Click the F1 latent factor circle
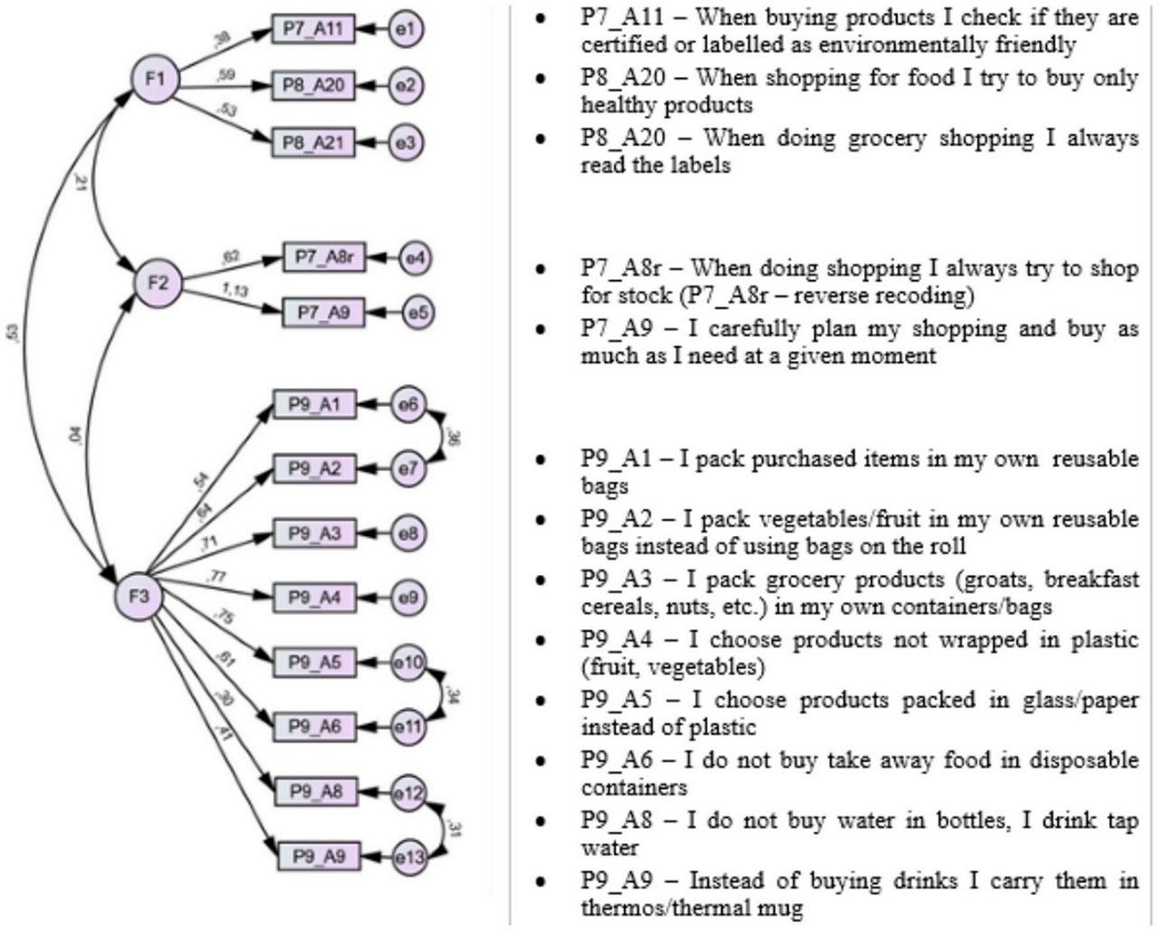tap(155, 79)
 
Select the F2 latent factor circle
tap(158, 284)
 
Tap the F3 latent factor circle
tap(139, 597)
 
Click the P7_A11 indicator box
tap(313, 29)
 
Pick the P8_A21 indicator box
tap(313, 143)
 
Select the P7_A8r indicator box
tap(324, 259)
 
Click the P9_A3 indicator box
tap(315, 533)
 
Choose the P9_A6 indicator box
tap(315, 726)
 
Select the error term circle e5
tap(417, 314)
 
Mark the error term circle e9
tap(409, 597)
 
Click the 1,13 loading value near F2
tap(236, 291)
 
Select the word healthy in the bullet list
tap(619, 105)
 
